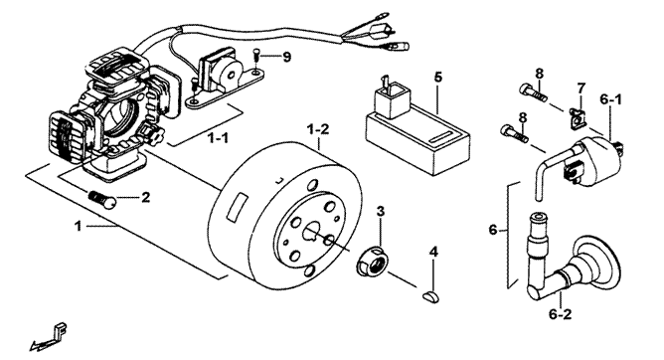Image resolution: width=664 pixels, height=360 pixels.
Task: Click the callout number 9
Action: point(287,57)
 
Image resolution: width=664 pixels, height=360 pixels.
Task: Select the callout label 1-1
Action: point(218,137)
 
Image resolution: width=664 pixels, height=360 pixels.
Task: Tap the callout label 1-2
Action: point(318,129)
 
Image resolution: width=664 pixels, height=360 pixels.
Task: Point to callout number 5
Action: point(438,78)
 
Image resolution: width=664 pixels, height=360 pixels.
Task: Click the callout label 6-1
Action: point(610,100)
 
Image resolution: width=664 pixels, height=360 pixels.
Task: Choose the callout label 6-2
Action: point(560,314)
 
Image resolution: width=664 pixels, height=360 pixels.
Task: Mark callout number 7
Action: point(581,89)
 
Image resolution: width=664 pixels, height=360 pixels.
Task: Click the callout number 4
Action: point(433,252)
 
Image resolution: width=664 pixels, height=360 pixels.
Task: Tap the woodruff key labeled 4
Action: point(431,296)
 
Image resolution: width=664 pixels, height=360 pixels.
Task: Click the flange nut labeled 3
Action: point(372,261)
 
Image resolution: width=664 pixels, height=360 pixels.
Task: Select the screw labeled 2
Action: point(103,198)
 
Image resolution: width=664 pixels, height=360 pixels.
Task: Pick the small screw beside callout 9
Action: point(255,56)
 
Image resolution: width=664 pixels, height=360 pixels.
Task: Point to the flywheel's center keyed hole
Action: point(312,231)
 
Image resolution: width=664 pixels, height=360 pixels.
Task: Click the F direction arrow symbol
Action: point(49,336)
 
